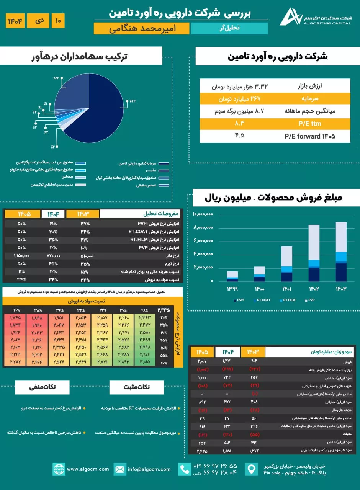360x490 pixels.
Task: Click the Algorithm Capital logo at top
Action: pyautogui.click(x=291, y=17)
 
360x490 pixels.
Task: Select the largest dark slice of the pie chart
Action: pyautogui.click(x=103, y=115)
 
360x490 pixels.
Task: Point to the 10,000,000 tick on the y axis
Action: pyautogui.click(x=203, y=214)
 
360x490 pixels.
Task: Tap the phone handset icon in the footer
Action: pyautogui.click(x=185, y=469)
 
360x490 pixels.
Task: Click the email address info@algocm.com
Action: pyautogui.click(x=149, y=469)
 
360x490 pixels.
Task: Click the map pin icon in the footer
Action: pyautogui.click(x=251, y=469)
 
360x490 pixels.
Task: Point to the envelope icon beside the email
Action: pyautogui.click(x=120, y=469)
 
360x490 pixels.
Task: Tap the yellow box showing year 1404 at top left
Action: pyautogui.click(x=15, y=21)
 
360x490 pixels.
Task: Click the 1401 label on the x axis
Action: pyautogui.click(x=286, y=289)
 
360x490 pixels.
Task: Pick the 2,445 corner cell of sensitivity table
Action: pyautogui.click(x=164, y=310)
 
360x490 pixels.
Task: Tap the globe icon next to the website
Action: pyautogui.click(x=59, y=469)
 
